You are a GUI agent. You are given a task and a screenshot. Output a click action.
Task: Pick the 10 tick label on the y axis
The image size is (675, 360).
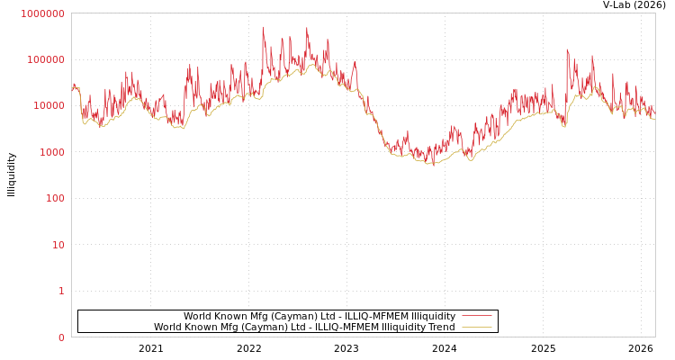[58, 245]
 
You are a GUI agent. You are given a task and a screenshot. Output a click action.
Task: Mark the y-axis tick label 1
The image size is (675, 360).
[61, 291]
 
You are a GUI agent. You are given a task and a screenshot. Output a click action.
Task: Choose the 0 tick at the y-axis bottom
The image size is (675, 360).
[61, 337]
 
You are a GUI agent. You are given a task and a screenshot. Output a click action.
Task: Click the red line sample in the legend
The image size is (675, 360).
[476, 316]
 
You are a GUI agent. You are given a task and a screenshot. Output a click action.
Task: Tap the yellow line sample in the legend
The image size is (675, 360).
[476, 327]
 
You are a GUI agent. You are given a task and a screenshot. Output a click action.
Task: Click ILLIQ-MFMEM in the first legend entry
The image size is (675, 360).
[376, 317]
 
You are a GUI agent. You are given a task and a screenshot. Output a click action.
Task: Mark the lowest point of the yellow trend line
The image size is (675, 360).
[432, 165]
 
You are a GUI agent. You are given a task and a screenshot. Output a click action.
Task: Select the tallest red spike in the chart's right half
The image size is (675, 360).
[567, 49]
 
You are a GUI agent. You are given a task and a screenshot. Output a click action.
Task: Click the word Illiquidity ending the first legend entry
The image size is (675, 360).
[434, 317]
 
